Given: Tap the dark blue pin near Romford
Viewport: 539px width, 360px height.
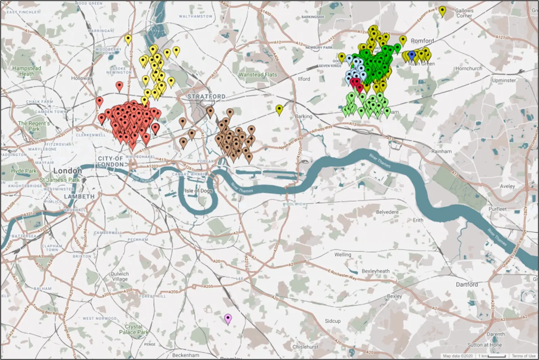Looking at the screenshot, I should pyautogui.click(x=411, y=55).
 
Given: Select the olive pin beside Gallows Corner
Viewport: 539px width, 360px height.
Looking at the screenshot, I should pyautogui.click(x=442, y=11).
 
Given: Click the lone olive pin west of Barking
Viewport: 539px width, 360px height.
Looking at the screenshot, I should pyautogui.click(x=279, y=109).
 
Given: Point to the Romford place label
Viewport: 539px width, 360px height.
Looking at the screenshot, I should pyautogui.click(x=422, y=41).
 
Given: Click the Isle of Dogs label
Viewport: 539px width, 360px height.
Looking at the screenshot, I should pyautogui.click(x=198, y=191).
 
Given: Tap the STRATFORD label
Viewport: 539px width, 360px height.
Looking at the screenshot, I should pyautogui.click(x=206, y=97).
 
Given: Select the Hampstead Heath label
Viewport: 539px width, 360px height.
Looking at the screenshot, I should pyautogui.click(x=27, y=71).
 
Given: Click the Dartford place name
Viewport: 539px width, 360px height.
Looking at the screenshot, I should pyautogui.click(x=467, y=284).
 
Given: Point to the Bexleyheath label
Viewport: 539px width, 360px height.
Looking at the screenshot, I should pyautogui.click(x=376, y=271).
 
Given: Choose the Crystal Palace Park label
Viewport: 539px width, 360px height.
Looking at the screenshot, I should pyautogui.click(x=133, y=329).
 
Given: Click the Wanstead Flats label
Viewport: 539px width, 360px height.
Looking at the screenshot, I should pyautogui.click(x=258, y=75).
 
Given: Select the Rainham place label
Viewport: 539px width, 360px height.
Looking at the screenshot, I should pyautogui.click(x=441, y=151).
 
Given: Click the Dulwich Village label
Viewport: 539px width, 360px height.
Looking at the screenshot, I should pyautogui.click(x=120, y=277).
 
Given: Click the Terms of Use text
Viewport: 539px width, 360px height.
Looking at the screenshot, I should pyautogui.click(x=523, y=356).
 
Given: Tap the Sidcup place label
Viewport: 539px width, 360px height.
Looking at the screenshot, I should pyautogui.click(x=333, y=321).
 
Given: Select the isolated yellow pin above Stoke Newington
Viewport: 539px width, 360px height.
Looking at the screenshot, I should pyautogui.click(x=128, y=40).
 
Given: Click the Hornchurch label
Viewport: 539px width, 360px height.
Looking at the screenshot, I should pyautogui.click(x=469, y=68).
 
